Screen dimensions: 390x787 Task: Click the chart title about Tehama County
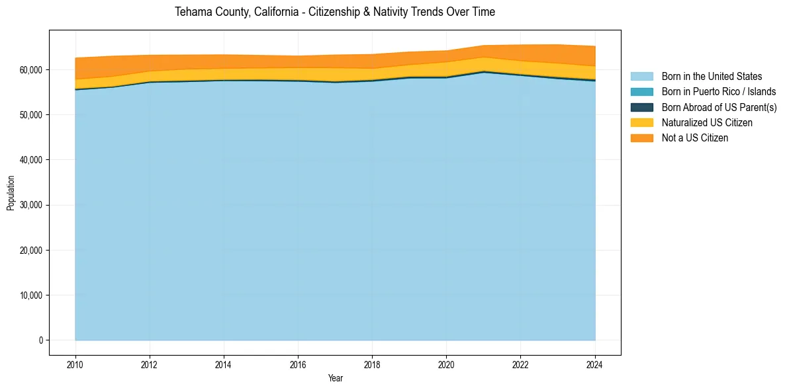334,12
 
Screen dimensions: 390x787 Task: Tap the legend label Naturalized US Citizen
707,123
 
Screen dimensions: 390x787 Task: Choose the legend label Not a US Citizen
695,138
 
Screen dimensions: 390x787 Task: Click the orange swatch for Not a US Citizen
641,138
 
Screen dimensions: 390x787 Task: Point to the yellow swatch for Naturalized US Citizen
641,123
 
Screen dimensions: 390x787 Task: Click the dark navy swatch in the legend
641,107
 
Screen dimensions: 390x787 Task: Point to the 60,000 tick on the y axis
30,69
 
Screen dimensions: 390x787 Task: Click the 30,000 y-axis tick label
30,205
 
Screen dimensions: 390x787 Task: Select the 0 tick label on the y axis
40,340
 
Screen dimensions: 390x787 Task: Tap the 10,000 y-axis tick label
30,295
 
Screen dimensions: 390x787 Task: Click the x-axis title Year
335,378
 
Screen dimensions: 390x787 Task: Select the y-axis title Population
11,193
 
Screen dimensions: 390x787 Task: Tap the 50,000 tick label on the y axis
30,115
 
